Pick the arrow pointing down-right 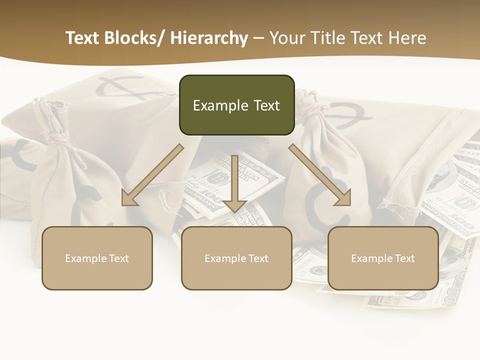[x=320, y=175]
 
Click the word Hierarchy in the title [x=209, y=38]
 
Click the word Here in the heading [x=408, y=38]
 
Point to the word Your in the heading [x=287, y=38]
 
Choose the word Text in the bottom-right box [x=404, y=258]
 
